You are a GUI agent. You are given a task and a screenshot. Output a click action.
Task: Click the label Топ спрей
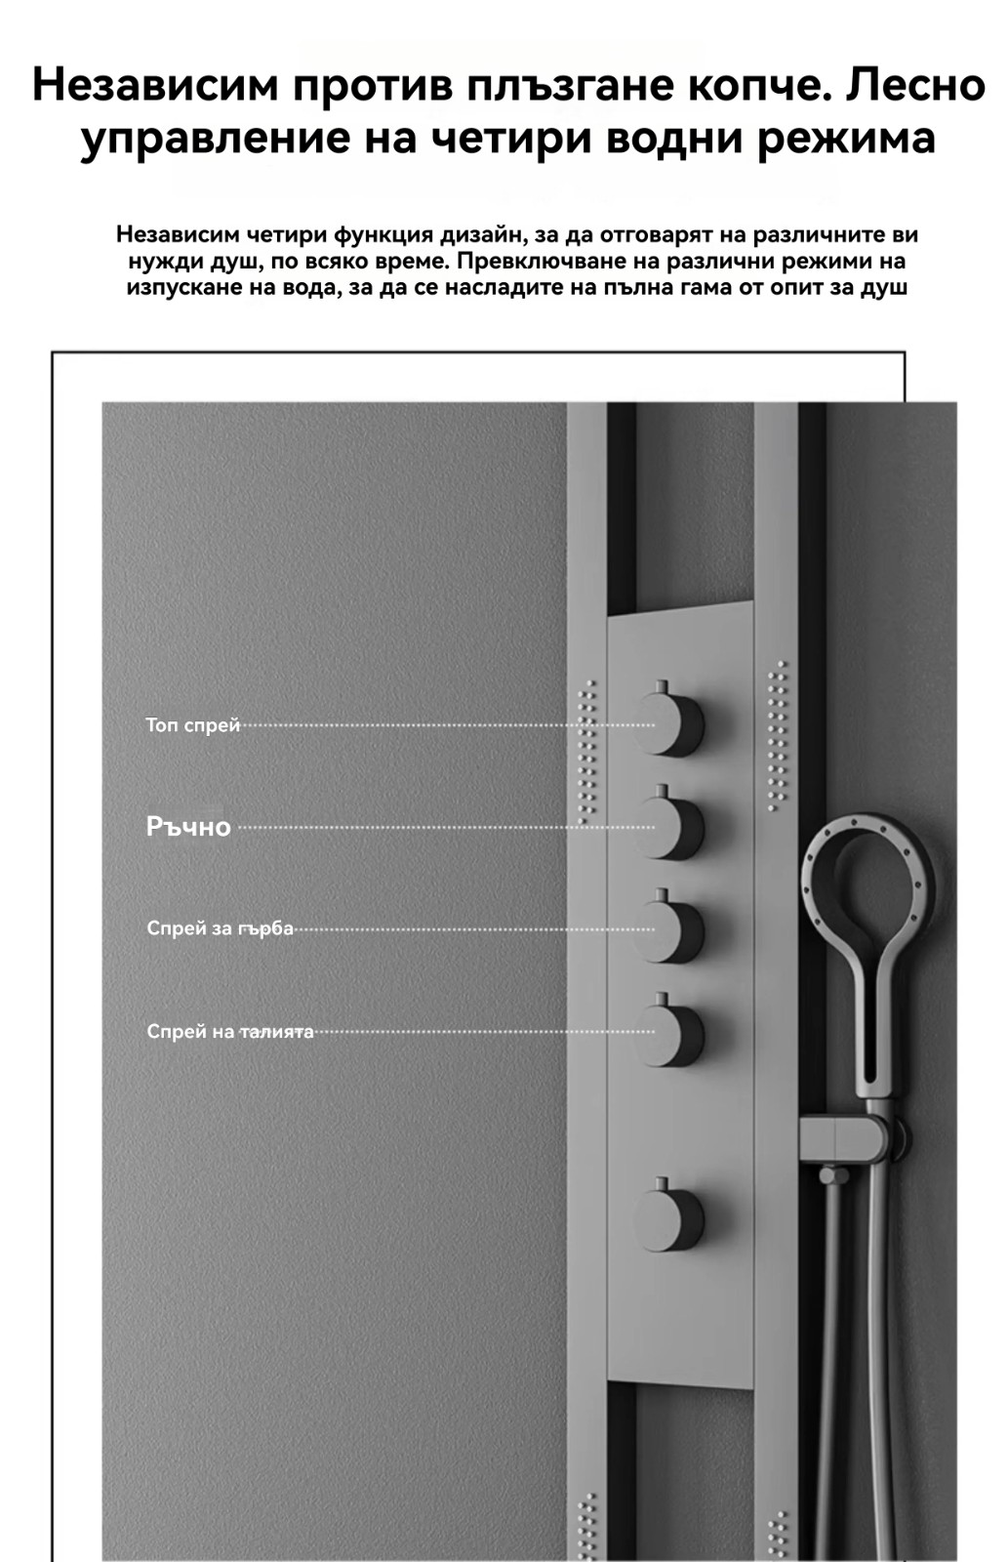click(192, 725)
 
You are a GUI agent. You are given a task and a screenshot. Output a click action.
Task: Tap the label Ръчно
click(188, 827)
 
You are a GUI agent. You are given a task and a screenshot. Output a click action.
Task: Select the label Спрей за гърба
click(220, 928)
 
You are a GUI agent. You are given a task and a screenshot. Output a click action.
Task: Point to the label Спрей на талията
click(230, 1032)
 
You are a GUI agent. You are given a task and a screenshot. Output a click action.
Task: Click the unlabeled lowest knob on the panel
click(669, 1218)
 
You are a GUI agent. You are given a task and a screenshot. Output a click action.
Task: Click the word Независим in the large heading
click(156, 85)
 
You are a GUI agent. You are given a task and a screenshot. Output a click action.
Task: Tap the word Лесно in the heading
click(915, 85)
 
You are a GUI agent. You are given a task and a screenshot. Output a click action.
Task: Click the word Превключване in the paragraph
click(533, 262)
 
